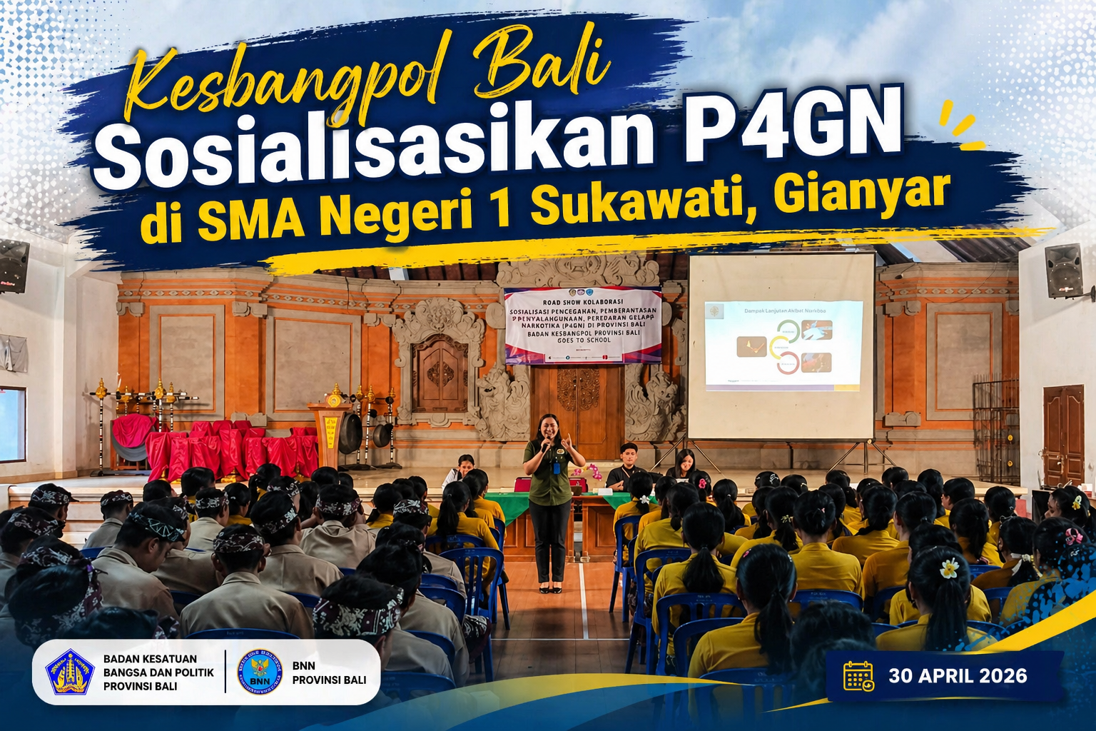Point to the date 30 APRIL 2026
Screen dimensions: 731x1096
pyautogui.click(x=958, y=676)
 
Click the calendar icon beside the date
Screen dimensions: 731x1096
pyautogui.click(x=858, y=675)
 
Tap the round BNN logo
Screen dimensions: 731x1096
pyautogui.click(x=260, y=672)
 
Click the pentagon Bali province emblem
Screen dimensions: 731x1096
pyautogui.click(x=70, y=672)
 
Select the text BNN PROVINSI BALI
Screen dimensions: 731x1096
pyautogui.click(x=329, y=672)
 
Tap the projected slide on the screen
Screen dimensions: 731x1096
pyautogui.click(x=783, y=346)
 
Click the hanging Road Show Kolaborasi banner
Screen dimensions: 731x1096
pyautogui.click(x=582, y=325)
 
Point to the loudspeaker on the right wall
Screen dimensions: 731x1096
pyautogui.click(x=1064, y=271)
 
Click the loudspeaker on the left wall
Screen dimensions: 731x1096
pyautogui.click(x=14, y=266)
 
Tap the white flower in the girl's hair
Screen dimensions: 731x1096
pyautogui.click(x=949, y=568)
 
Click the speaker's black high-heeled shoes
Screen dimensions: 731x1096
pyautogui.click(x=549, y=588)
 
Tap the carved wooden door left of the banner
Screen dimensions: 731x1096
pyautogui.click(x=440, y=375)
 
